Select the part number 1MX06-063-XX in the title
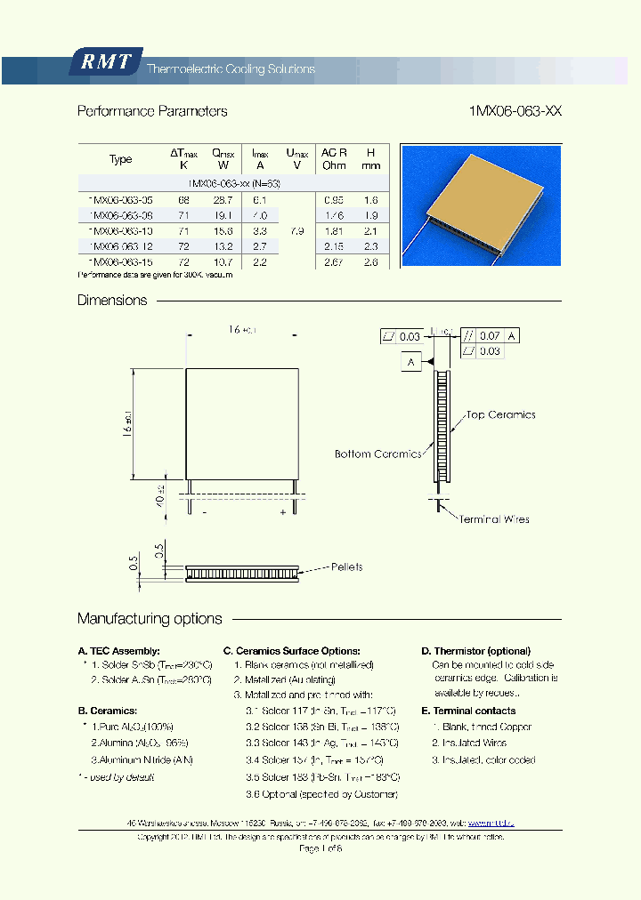pos(515,111)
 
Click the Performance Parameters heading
pos(152,111)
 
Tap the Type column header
pos(120,159)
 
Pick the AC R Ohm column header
pos(334,158)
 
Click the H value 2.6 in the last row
pos(370,263)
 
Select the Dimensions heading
pos(112,301)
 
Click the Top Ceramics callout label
pos(499,414)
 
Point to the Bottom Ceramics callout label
pos(377,454)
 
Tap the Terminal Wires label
pos(493,518)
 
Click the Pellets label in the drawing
pos(346,567)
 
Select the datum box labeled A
pos(411,362)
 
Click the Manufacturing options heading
pos(150,618)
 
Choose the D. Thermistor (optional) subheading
pos(475,651)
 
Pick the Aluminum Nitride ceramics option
pos(142,759)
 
